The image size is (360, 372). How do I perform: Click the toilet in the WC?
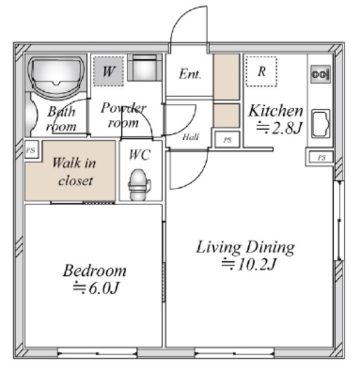pyautogui.click(x=140, y=184)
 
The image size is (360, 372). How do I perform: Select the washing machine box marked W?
pyautogui.click(x=108, y=71)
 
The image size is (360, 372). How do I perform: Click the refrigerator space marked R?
pyautogui.click(x=261, y=71)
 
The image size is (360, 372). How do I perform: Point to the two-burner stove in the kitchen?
pyautogui.click(x=320, y=74)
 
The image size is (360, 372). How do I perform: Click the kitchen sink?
pyautogui.click(x=320, y=123)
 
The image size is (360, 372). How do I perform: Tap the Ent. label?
pyautogui.click(x=190, y=74)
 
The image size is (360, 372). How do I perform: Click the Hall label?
pyautogui.click(x=191, y=137)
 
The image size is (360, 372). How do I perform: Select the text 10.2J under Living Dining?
pyautogui.click(x=257, y=264)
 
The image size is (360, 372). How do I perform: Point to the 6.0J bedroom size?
pyautogui.click(x=104, y=288)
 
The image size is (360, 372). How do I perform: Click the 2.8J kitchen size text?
pyautogui.click(x=287, y=128)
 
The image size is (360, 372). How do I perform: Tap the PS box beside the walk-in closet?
pyautogui.click(x=31, y=150)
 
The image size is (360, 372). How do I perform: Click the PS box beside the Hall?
pyautogui.click(x=227, y=140)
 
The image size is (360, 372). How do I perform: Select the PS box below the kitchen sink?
pyautogui.click(x=321, y=158)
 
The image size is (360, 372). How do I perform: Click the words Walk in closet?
pyautogui.click(x=74, y=171)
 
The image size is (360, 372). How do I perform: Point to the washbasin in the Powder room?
pyautogui.click(x=144, y=68)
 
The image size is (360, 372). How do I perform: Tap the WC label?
pyautogui.click(x=140, y=155)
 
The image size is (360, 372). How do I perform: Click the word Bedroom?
pyautogui.click(x=94, y=270)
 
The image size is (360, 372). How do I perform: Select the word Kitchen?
pyautogui.click(x=276, y=111)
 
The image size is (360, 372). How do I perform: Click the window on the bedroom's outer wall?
pyautogui.click(x=97, y=353)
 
